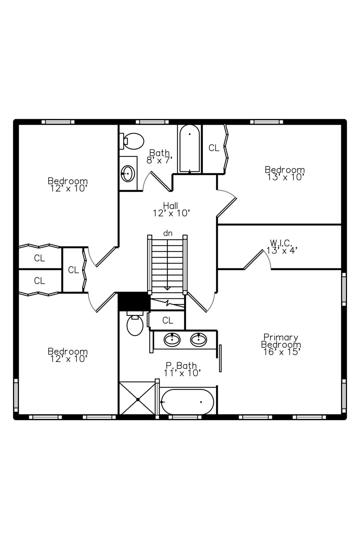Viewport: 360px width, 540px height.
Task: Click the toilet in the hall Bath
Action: (132, 141)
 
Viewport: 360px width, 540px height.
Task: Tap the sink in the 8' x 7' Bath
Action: (127, 173)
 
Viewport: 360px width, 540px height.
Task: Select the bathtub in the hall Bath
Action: (189, 148)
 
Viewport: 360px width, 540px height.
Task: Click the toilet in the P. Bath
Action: (135, 323)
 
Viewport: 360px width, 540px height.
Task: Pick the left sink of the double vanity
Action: (172, 340)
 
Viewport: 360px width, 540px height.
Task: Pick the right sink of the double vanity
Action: (198, 340)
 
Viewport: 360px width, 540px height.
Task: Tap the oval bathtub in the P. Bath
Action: (187, 402)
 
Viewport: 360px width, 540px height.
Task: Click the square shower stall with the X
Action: (138, 400)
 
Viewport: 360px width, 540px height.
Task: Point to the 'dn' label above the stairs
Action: (168, 233)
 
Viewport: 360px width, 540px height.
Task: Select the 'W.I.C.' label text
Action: (281, 243)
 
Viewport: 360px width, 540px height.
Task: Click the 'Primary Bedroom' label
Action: (281, 341)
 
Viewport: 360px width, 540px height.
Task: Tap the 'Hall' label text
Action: (171, 206)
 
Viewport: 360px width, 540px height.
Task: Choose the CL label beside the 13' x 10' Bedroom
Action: (214, 148)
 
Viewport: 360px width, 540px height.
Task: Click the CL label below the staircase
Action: (168, 320)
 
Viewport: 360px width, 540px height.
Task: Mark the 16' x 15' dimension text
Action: (282, 352)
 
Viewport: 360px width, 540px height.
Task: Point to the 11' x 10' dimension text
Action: (182, 373)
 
